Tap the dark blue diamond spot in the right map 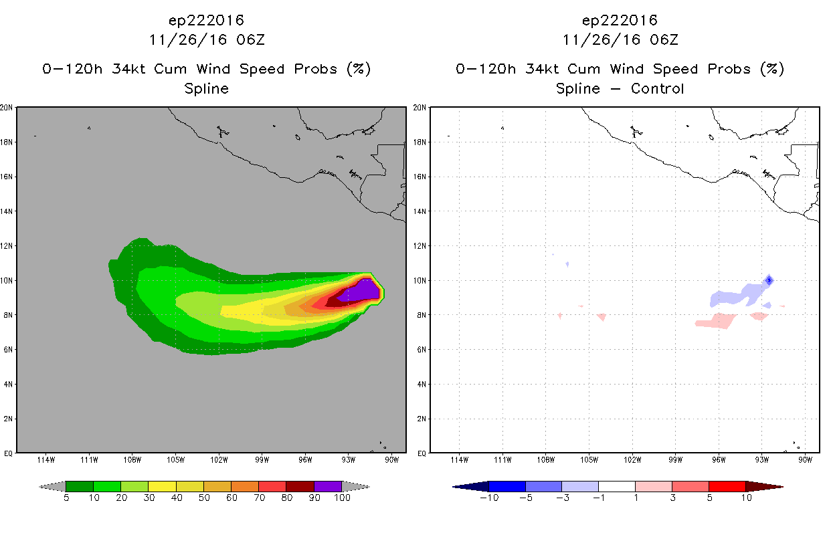click(769, 280)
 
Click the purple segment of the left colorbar click(328, 486)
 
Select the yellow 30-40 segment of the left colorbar click(162, 486)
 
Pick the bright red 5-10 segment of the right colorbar click(727, 486)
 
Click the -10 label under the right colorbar click(489, 498)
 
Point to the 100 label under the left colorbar click(342, 498)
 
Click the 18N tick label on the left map click(6, 142)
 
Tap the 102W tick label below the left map click(219, 460)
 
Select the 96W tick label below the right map click(719, 460)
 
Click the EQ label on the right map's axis click(422, 453)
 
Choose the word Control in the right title click(658, 88)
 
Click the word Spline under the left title click(206, 89)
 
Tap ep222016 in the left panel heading click(206, 20)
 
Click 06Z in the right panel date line click(664, 39)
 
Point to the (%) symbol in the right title click(772, 69)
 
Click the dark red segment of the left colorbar click(300, 486)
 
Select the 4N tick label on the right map click(422, 384)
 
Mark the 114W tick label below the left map click(46, 460)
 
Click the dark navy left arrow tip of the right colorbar click(454, 487)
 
